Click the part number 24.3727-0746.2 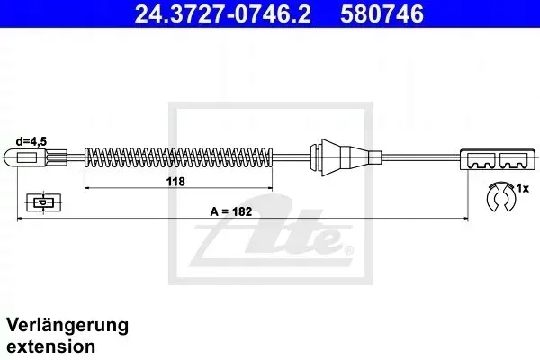(223, 14)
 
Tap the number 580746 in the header (382, 14)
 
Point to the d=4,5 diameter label (31, 141)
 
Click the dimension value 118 (175, 182)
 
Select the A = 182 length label (231, 211)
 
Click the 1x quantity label (522, 188)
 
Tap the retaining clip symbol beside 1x (499, 197)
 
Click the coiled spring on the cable (179, 157)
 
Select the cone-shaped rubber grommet (346, 157)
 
